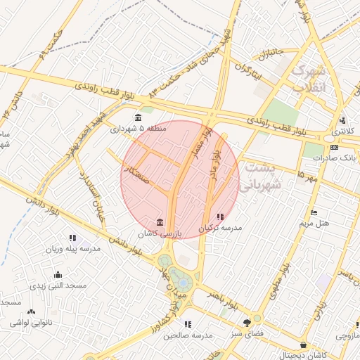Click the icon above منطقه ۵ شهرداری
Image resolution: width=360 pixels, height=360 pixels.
138,117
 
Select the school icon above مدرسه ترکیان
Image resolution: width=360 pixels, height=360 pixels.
221,217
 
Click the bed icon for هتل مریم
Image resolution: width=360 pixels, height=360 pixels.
314,212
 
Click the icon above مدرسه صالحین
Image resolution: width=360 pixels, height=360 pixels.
188,324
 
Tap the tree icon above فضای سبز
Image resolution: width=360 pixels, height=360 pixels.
246,322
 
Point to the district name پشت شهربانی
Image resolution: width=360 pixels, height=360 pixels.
259,176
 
